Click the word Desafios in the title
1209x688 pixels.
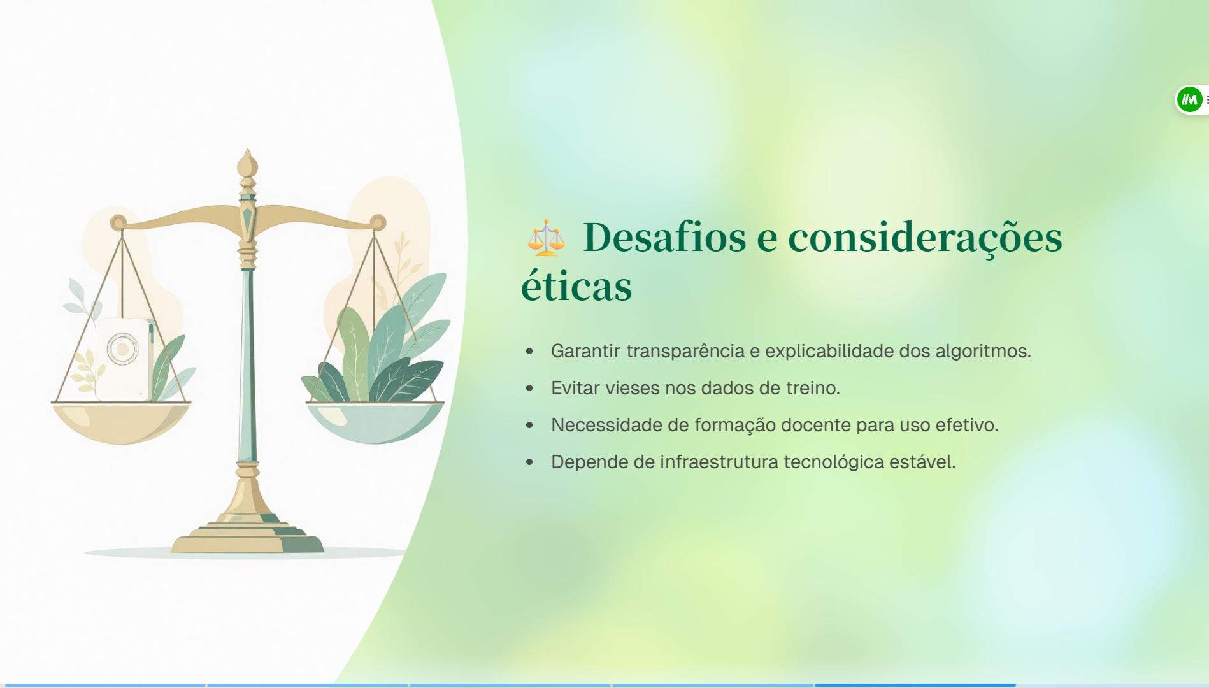[x=664, y=237]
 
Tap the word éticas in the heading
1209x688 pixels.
[x=576, y=286]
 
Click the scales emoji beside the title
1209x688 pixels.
[x=546, y=238]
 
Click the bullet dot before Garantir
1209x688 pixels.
[x=529, y=352]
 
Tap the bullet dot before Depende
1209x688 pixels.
[x=529, y=462]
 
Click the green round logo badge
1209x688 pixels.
[x=1189, y=99]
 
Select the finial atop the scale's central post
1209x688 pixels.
[x=247, y=164]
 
